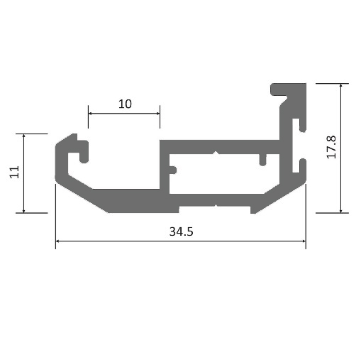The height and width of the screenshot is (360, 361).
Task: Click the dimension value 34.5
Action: point(181,231)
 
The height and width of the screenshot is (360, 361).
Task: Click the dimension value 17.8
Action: point(331,147)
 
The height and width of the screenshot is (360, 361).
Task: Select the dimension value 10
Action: point(125,104)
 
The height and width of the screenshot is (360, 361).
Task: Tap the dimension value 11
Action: point(14,172)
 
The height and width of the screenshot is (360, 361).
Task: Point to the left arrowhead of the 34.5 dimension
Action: point(57,241)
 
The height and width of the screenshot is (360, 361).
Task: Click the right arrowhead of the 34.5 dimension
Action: point(304,241)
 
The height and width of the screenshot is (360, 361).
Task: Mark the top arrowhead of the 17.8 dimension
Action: point(340,85)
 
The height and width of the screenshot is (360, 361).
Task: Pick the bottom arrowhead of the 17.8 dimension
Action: point(340,211)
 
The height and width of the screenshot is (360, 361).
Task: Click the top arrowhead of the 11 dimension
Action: point(23,136)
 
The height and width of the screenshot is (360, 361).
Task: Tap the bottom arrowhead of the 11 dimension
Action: point(23,211)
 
